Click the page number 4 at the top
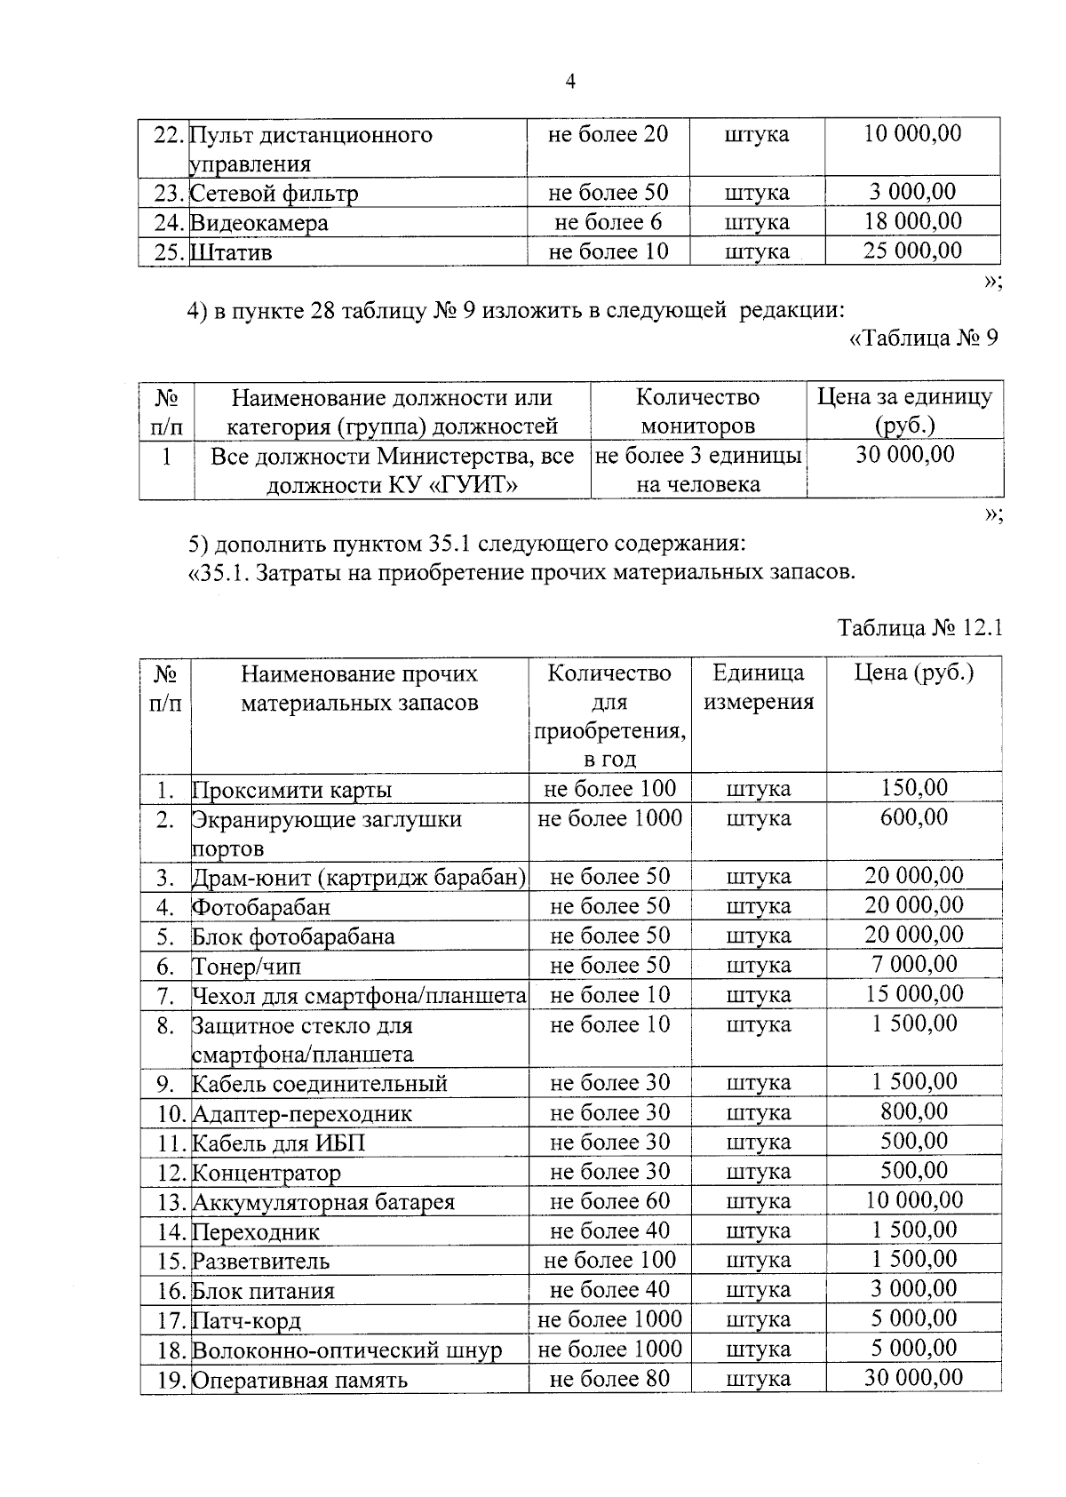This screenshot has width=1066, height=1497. pyautogui.click(x=571, y=82)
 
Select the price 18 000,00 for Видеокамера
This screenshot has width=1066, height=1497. pyautogui.click(x=913, y=221)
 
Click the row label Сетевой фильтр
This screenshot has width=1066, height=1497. pyautogui.click(x=274, y=194)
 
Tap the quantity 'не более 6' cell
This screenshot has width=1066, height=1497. pyautogui.click(x=608, y=222)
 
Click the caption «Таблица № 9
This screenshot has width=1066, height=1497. pyautogui.click(x=924, y=338)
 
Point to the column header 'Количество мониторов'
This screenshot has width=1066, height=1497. pyautogui.click(x=698, y=410)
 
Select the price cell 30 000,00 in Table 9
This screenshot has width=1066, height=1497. pyautogui.click(x=905, y=455)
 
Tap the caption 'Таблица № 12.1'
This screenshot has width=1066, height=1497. pyautogui.click(x=920, y=628)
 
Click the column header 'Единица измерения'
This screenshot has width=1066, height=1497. pyautogui.click(x=759, y=688)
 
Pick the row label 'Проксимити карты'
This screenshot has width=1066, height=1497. pyautogui.click(x=291, y=790)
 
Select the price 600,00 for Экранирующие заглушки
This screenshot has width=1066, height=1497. pyautogui.click(x=914, y=817)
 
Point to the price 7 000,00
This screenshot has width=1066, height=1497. pyautogui.click(x=914, y=965)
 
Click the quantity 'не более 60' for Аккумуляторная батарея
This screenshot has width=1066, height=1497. pyautogui.click(x=609, y=1201)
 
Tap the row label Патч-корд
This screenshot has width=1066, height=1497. pyautogui.click(x=246, y=1320)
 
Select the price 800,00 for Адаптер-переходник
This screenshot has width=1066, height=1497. pyautogui.click(x=914, y=1111)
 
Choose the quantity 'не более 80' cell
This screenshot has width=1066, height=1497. pyautogui.click(x=609, y=1379)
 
